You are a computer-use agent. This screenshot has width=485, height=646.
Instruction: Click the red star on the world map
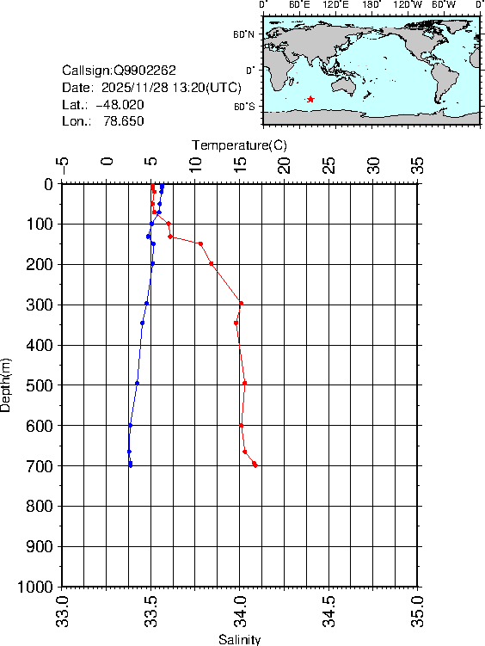coord(310,100)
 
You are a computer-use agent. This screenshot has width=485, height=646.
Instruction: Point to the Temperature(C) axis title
coord(239,145)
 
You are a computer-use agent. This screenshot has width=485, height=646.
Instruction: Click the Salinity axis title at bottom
coord(239,639)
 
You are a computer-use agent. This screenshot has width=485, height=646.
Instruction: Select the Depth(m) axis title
coord(7,385)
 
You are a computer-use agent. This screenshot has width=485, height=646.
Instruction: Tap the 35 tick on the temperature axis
coord(419,164)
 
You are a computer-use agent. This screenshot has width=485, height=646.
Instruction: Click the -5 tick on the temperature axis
coord(62,164)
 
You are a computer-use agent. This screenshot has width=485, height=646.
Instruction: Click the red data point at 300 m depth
coord(241,303)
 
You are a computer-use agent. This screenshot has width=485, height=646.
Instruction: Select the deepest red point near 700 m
coord(255,465)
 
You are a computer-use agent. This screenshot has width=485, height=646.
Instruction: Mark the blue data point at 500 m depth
coord(137,383)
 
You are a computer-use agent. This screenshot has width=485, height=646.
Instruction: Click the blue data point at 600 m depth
coord(130,425)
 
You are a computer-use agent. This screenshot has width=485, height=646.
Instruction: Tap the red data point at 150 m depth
coord(200,243)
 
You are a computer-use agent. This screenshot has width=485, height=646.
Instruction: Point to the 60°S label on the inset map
coord(244,106)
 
